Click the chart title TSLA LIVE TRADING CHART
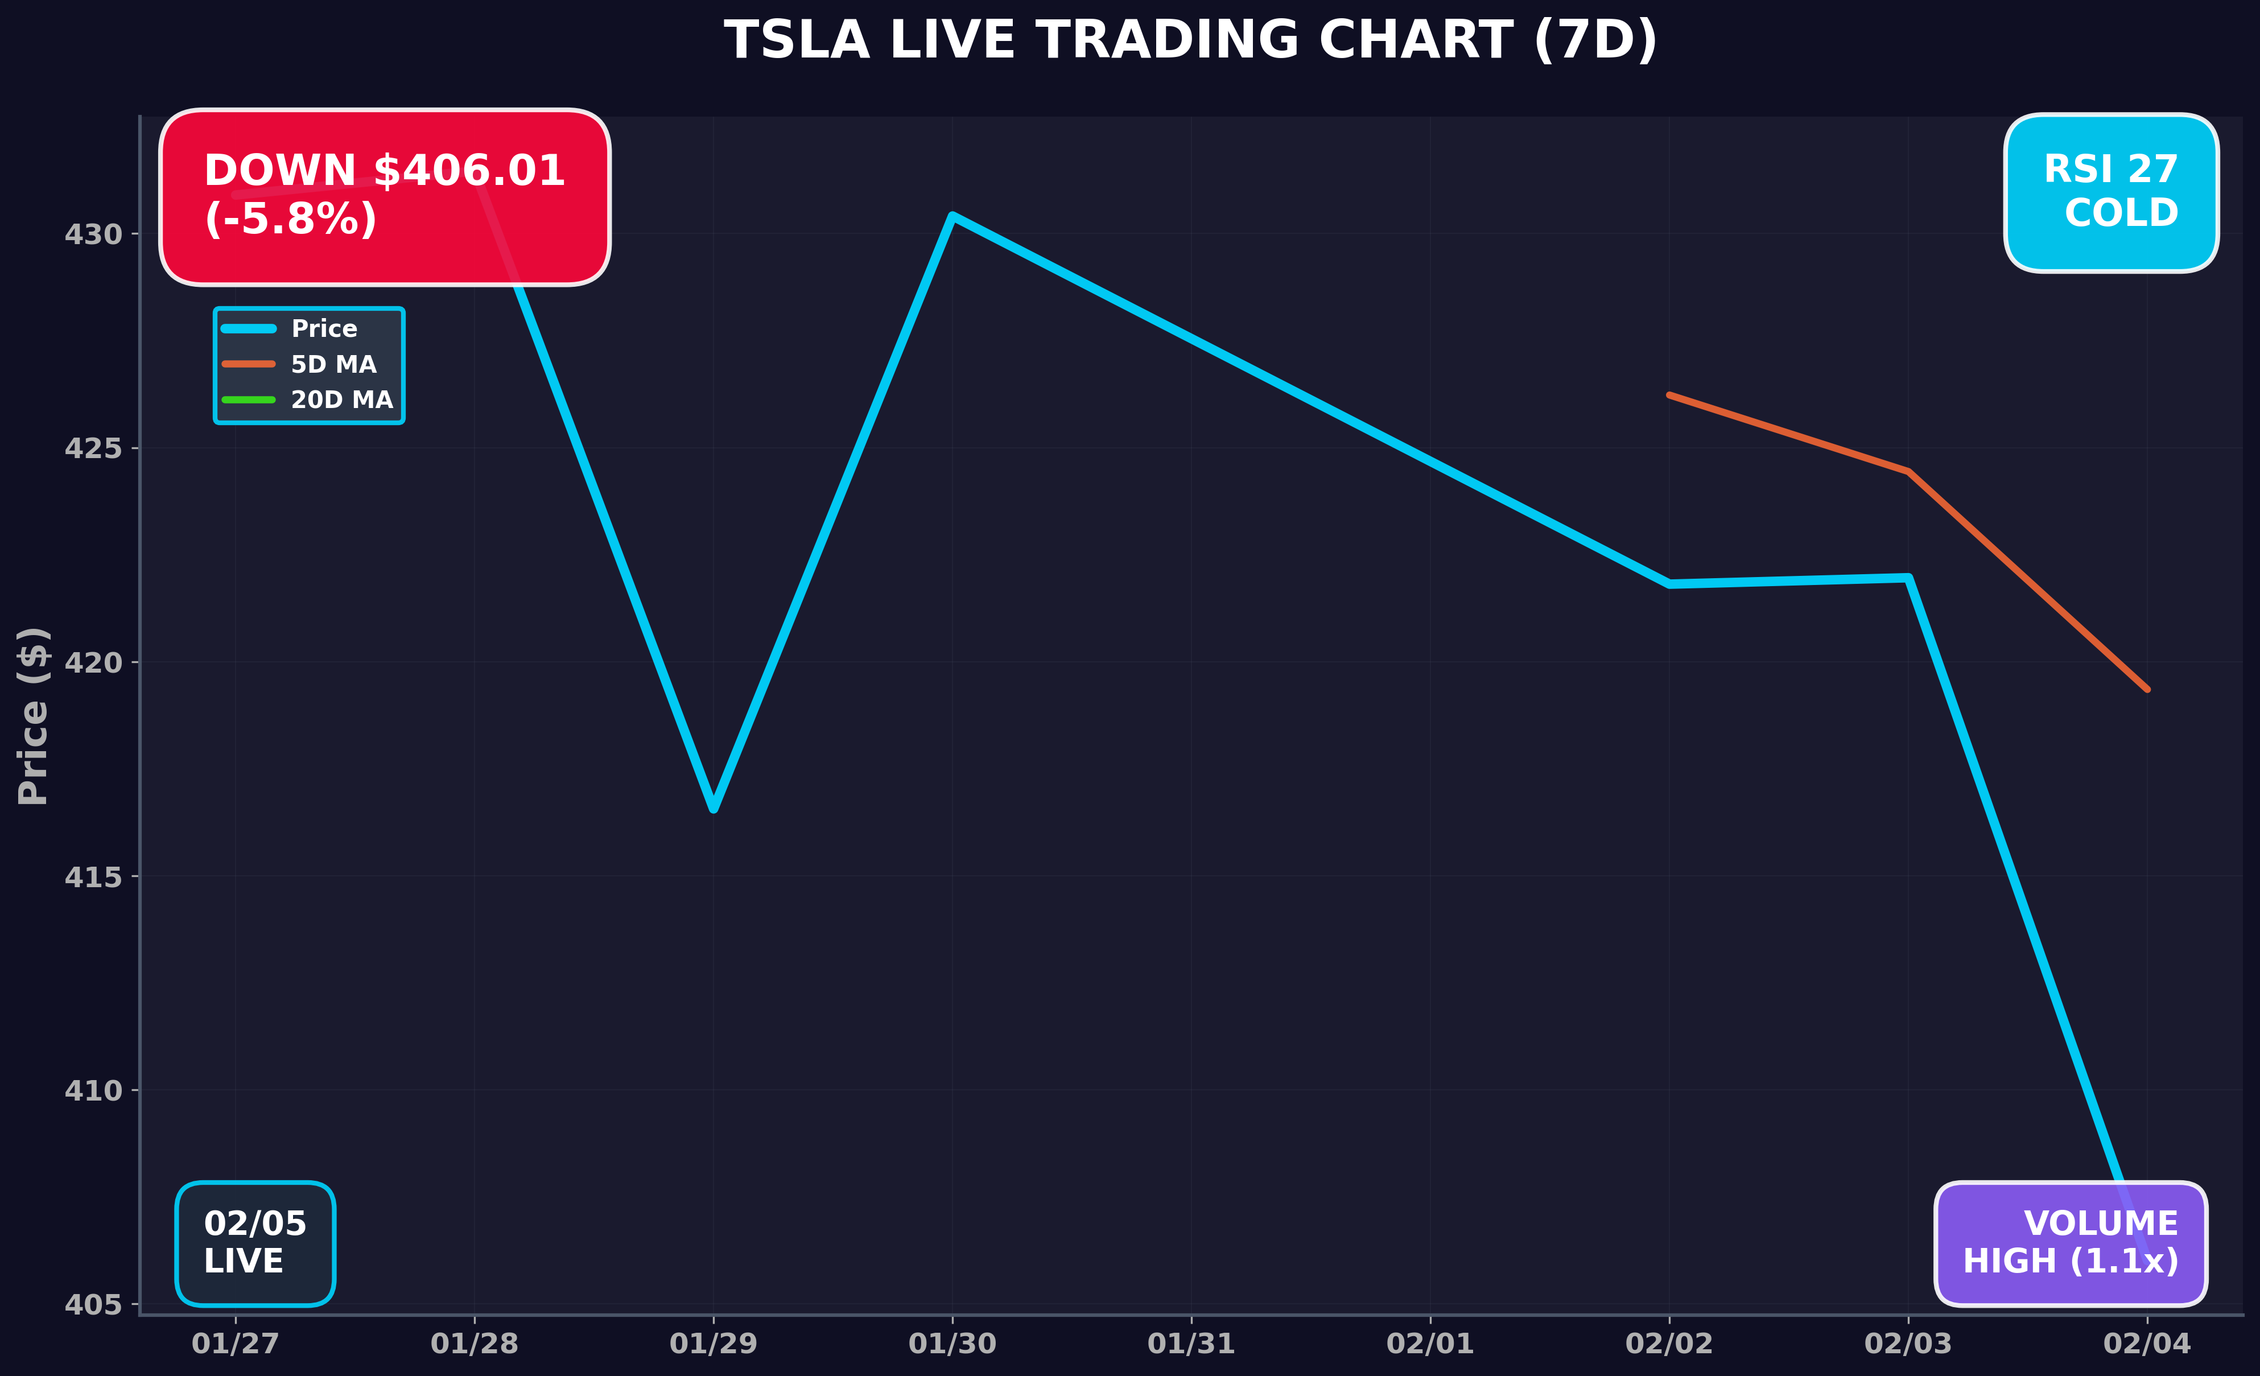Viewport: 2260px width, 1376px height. click(x=1190, y=42)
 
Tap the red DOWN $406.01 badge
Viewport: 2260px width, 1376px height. click(x=384, y=196)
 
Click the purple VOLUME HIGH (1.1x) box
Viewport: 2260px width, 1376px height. click(x=2070, y=1243)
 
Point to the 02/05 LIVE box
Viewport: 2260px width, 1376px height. click(x=255, y=1243)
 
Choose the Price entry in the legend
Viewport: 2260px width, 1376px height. click(x=323, y=328)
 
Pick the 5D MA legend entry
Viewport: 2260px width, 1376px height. click(x=333, y=364)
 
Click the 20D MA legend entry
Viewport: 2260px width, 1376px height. click(x=341, y=400)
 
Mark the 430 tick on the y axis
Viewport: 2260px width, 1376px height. click(x=93, y=235)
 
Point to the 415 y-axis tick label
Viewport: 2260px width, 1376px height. click(x=93, y=877)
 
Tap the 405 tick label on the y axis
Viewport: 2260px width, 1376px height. click(x=93, y=1304)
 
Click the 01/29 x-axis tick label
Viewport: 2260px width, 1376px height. click(x=714, y=1344)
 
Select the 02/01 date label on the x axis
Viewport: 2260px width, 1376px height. click(x=1430, y=1344)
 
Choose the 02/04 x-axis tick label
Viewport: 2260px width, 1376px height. click(x=2146, y=1344)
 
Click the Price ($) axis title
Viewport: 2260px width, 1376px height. click(x=33, y=715)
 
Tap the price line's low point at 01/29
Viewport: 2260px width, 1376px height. click(x=714, y=809)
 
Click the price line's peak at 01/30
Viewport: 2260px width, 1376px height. click(x=952, y=216)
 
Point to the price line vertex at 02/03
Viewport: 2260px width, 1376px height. click(x=1908, y=578)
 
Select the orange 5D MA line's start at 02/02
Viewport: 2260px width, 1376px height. click(x=1669, y=396)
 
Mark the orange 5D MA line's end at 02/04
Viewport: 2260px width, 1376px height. click(x=2147, y=689)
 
